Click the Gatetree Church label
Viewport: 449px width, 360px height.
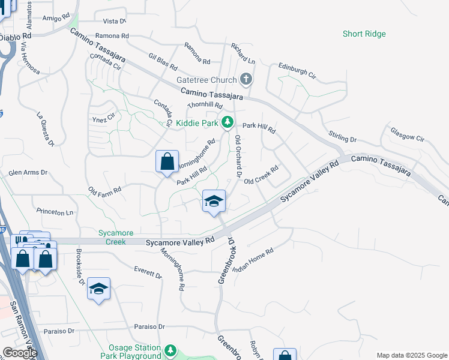[206, 79]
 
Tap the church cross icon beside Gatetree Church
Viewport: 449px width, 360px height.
[246, 79]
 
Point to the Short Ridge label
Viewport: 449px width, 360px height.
[364, 34]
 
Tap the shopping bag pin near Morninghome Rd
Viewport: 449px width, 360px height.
[167, 162]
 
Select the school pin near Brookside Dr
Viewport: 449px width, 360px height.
[98, 289]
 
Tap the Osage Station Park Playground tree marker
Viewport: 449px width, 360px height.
[171, 350]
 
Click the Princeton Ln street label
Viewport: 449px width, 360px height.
[55, 212]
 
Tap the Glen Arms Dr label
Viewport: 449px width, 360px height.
[28, 173]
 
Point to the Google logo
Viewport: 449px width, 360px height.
[20, 353]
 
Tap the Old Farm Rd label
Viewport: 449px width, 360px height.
[105, 191]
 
